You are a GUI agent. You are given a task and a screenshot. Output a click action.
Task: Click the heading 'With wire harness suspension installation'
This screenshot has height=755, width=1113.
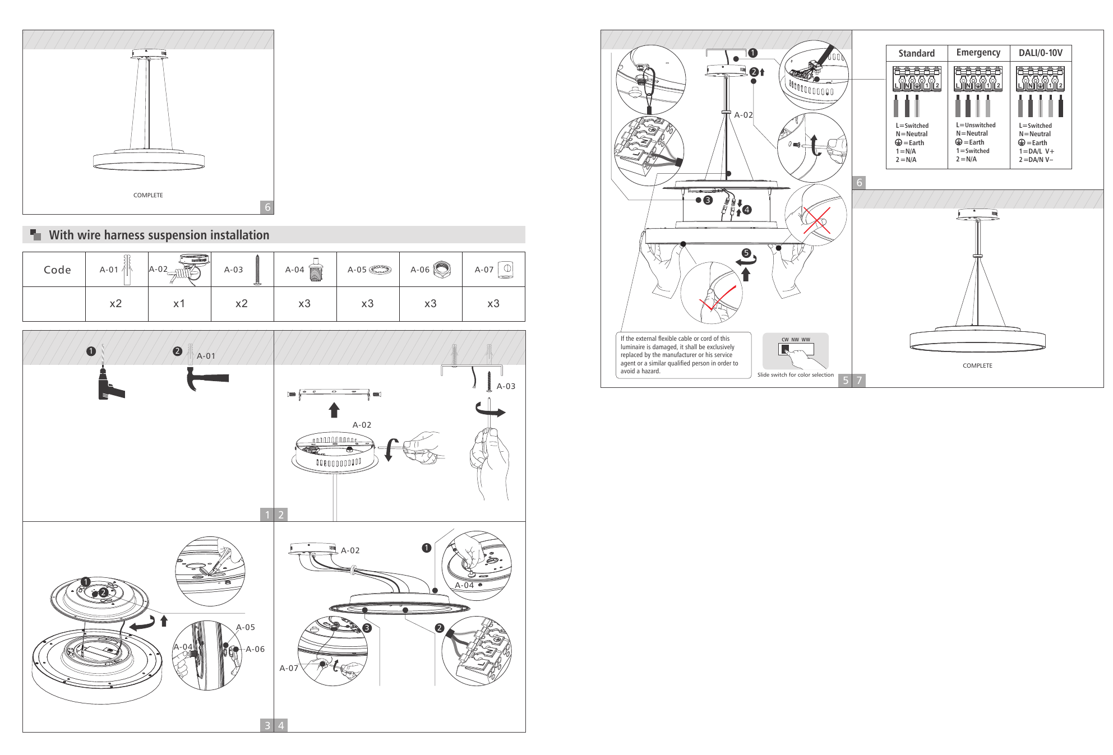coord(159,235)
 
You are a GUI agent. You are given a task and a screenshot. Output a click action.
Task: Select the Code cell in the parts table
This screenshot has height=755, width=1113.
coord(57,270)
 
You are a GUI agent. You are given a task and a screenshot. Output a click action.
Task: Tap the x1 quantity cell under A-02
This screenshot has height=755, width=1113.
coord(179,304)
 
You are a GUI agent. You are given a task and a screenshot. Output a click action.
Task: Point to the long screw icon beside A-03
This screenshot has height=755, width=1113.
coord(257,270)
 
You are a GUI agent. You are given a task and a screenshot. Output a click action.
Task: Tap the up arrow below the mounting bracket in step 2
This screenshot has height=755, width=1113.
coord(334,410)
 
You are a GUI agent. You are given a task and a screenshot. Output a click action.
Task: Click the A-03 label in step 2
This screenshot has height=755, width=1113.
coord(506,386)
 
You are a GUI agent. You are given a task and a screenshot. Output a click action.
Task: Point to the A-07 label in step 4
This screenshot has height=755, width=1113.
coord(289,668)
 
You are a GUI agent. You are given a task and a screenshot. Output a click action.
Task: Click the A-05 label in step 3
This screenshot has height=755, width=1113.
coord(246,627)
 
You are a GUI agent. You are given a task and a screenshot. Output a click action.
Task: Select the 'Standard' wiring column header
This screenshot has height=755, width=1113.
coord(916,53)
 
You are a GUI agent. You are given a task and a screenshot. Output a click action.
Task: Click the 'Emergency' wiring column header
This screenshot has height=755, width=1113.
coord(978,53)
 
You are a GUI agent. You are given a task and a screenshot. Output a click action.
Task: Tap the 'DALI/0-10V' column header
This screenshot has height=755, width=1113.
coord(1040,53)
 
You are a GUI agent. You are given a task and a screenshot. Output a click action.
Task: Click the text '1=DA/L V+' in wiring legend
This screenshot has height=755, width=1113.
coord(1036,151)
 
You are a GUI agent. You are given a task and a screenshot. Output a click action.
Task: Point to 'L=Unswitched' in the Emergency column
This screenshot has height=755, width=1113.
coord(976,125)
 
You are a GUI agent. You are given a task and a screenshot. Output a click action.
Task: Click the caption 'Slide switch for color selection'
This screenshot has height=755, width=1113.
coord(796,375)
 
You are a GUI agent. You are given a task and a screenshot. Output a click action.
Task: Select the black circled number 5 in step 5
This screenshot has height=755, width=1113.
coord(746,253)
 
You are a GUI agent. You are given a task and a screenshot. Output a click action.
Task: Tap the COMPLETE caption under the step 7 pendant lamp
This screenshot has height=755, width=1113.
coord(977,365)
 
